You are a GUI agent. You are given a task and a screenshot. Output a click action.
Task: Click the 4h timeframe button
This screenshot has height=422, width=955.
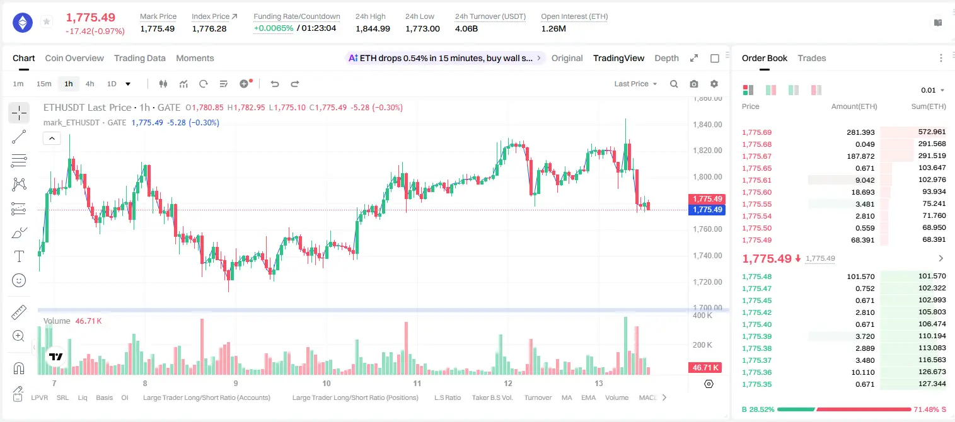click(x=90, y=84)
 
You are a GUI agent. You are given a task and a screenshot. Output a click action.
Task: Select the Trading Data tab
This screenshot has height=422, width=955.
click(x=139, y=58)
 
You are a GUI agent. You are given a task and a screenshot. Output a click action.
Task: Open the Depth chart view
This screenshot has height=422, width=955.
click(x=666, y=58)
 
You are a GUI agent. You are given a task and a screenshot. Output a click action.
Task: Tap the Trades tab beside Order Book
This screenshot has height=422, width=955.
click(x=812, y=58)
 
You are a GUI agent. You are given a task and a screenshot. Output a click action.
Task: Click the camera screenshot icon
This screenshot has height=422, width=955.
click(x=694, y=84)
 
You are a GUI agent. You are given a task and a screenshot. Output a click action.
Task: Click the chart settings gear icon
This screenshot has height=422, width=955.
click(x=714, y=84)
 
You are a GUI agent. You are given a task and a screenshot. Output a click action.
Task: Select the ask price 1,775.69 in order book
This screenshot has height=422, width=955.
click(x=757, y=132)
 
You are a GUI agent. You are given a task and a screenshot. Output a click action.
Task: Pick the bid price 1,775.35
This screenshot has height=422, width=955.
click(x=757, y=384)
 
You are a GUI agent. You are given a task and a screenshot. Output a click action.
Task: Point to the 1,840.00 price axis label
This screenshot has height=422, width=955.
click(x=707, y=124)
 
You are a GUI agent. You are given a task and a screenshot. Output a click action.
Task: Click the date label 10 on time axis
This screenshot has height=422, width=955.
click(x=327, y=383)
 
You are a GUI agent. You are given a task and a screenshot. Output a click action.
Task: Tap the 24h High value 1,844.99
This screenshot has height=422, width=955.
click(x=373, y=28)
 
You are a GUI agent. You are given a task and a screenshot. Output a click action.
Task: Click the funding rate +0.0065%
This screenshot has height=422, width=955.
click(x=274, y=28)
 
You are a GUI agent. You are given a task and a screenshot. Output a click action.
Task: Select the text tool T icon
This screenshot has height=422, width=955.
click(x=19, y=256)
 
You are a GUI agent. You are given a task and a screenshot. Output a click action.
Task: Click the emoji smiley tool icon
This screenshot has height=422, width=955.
click(x=19, y=280)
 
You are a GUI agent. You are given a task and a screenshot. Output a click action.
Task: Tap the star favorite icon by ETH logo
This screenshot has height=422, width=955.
click(x=47, y=21)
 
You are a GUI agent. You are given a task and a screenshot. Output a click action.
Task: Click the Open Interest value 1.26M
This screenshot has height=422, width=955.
click(x=553, y=28)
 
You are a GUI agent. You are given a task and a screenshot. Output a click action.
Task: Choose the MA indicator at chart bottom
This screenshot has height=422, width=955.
click(x=567, y=397)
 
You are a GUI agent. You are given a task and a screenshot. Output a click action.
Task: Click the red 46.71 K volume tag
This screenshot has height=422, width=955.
click(x=705, y=367)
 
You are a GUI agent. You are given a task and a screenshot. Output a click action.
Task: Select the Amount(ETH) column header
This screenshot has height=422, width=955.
click(x=854, y=106)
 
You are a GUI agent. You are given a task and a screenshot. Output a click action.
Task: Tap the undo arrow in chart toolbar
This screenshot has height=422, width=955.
click(x=275, y=84)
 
